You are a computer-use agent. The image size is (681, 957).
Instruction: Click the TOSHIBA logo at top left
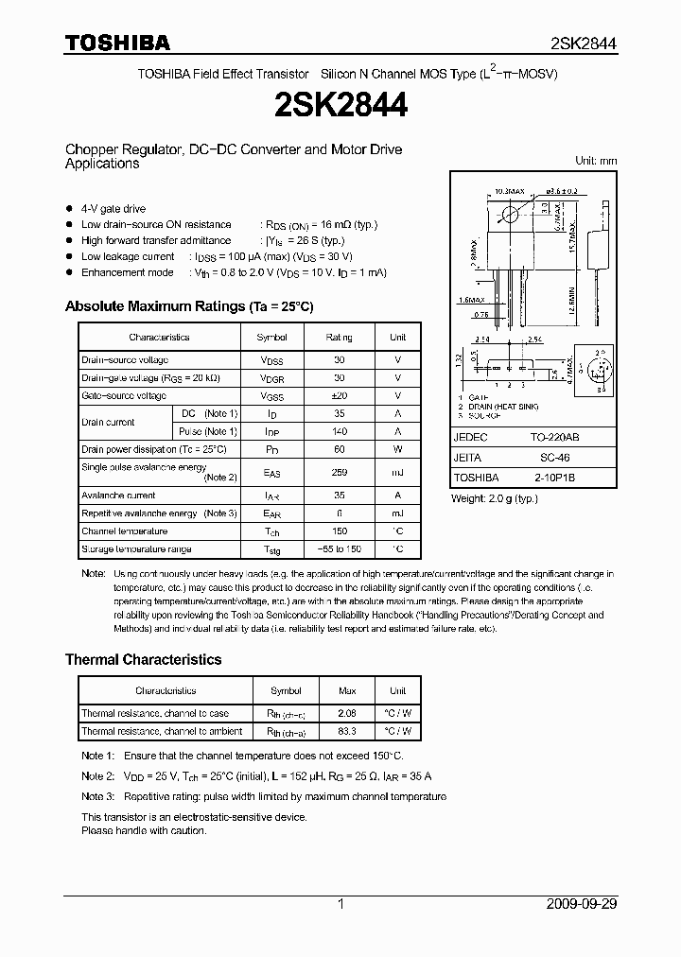[x=117, y=43]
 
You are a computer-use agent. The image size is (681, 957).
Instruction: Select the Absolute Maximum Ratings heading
[x=188, y=306]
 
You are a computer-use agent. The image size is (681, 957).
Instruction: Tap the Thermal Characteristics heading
[x=143, y=659]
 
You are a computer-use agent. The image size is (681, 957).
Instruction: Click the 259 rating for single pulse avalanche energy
[x=339, y=472]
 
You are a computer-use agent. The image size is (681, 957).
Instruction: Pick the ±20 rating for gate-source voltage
[x=339, y=395]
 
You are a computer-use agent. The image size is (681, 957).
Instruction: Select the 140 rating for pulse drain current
[x=339, y=431]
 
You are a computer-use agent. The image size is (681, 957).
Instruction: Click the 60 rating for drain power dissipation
[x=339, y=449]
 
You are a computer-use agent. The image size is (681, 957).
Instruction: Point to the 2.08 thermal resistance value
[x=346, y=713]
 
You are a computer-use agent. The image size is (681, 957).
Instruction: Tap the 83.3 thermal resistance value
[x=346, y=731]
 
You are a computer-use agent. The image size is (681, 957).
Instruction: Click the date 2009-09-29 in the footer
[x=581, y=904]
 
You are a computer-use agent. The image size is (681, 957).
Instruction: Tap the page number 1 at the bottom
[x=340, y=904]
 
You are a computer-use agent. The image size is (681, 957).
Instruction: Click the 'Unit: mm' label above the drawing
[x=596, y=161]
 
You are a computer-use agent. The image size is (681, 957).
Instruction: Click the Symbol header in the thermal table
[x=286, y=690]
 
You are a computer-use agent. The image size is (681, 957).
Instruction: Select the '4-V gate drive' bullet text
[x=113, y=208]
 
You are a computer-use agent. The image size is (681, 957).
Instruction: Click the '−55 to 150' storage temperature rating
[x=339, y=549]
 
